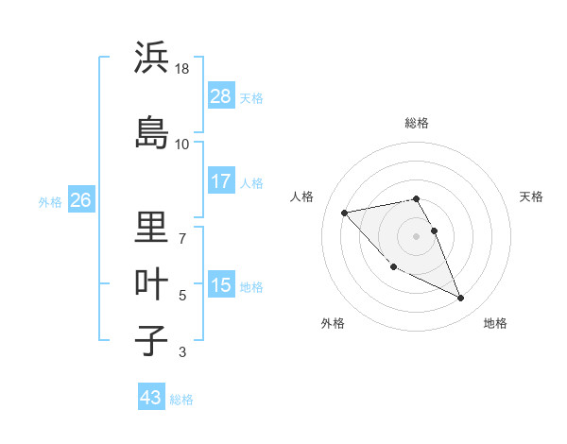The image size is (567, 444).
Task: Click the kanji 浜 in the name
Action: coord(151,58)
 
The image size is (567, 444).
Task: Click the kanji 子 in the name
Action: coord(151,340)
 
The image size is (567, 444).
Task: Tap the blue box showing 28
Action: coord(221,96)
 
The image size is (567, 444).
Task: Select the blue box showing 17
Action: coord(221,181)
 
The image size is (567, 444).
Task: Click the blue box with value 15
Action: coord(221,285)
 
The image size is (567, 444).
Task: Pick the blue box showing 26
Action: coord(81,200)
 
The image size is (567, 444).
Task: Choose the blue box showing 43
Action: coord(150,398)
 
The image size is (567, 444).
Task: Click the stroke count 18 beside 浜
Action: coord(183,69)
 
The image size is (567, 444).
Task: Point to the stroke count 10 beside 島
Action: coord(182,144)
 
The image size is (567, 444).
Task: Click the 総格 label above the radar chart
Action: coord(416,123)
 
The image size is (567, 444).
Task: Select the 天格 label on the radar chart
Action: coord(531,196)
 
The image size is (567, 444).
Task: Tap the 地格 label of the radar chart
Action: coord(495,323)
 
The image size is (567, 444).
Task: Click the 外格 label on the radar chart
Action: coord(333,323)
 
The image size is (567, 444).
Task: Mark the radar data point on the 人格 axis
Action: coord(345,212)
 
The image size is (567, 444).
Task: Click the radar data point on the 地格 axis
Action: coord(461,299)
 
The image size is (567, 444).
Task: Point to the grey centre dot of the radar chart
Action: coord(416,236)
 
